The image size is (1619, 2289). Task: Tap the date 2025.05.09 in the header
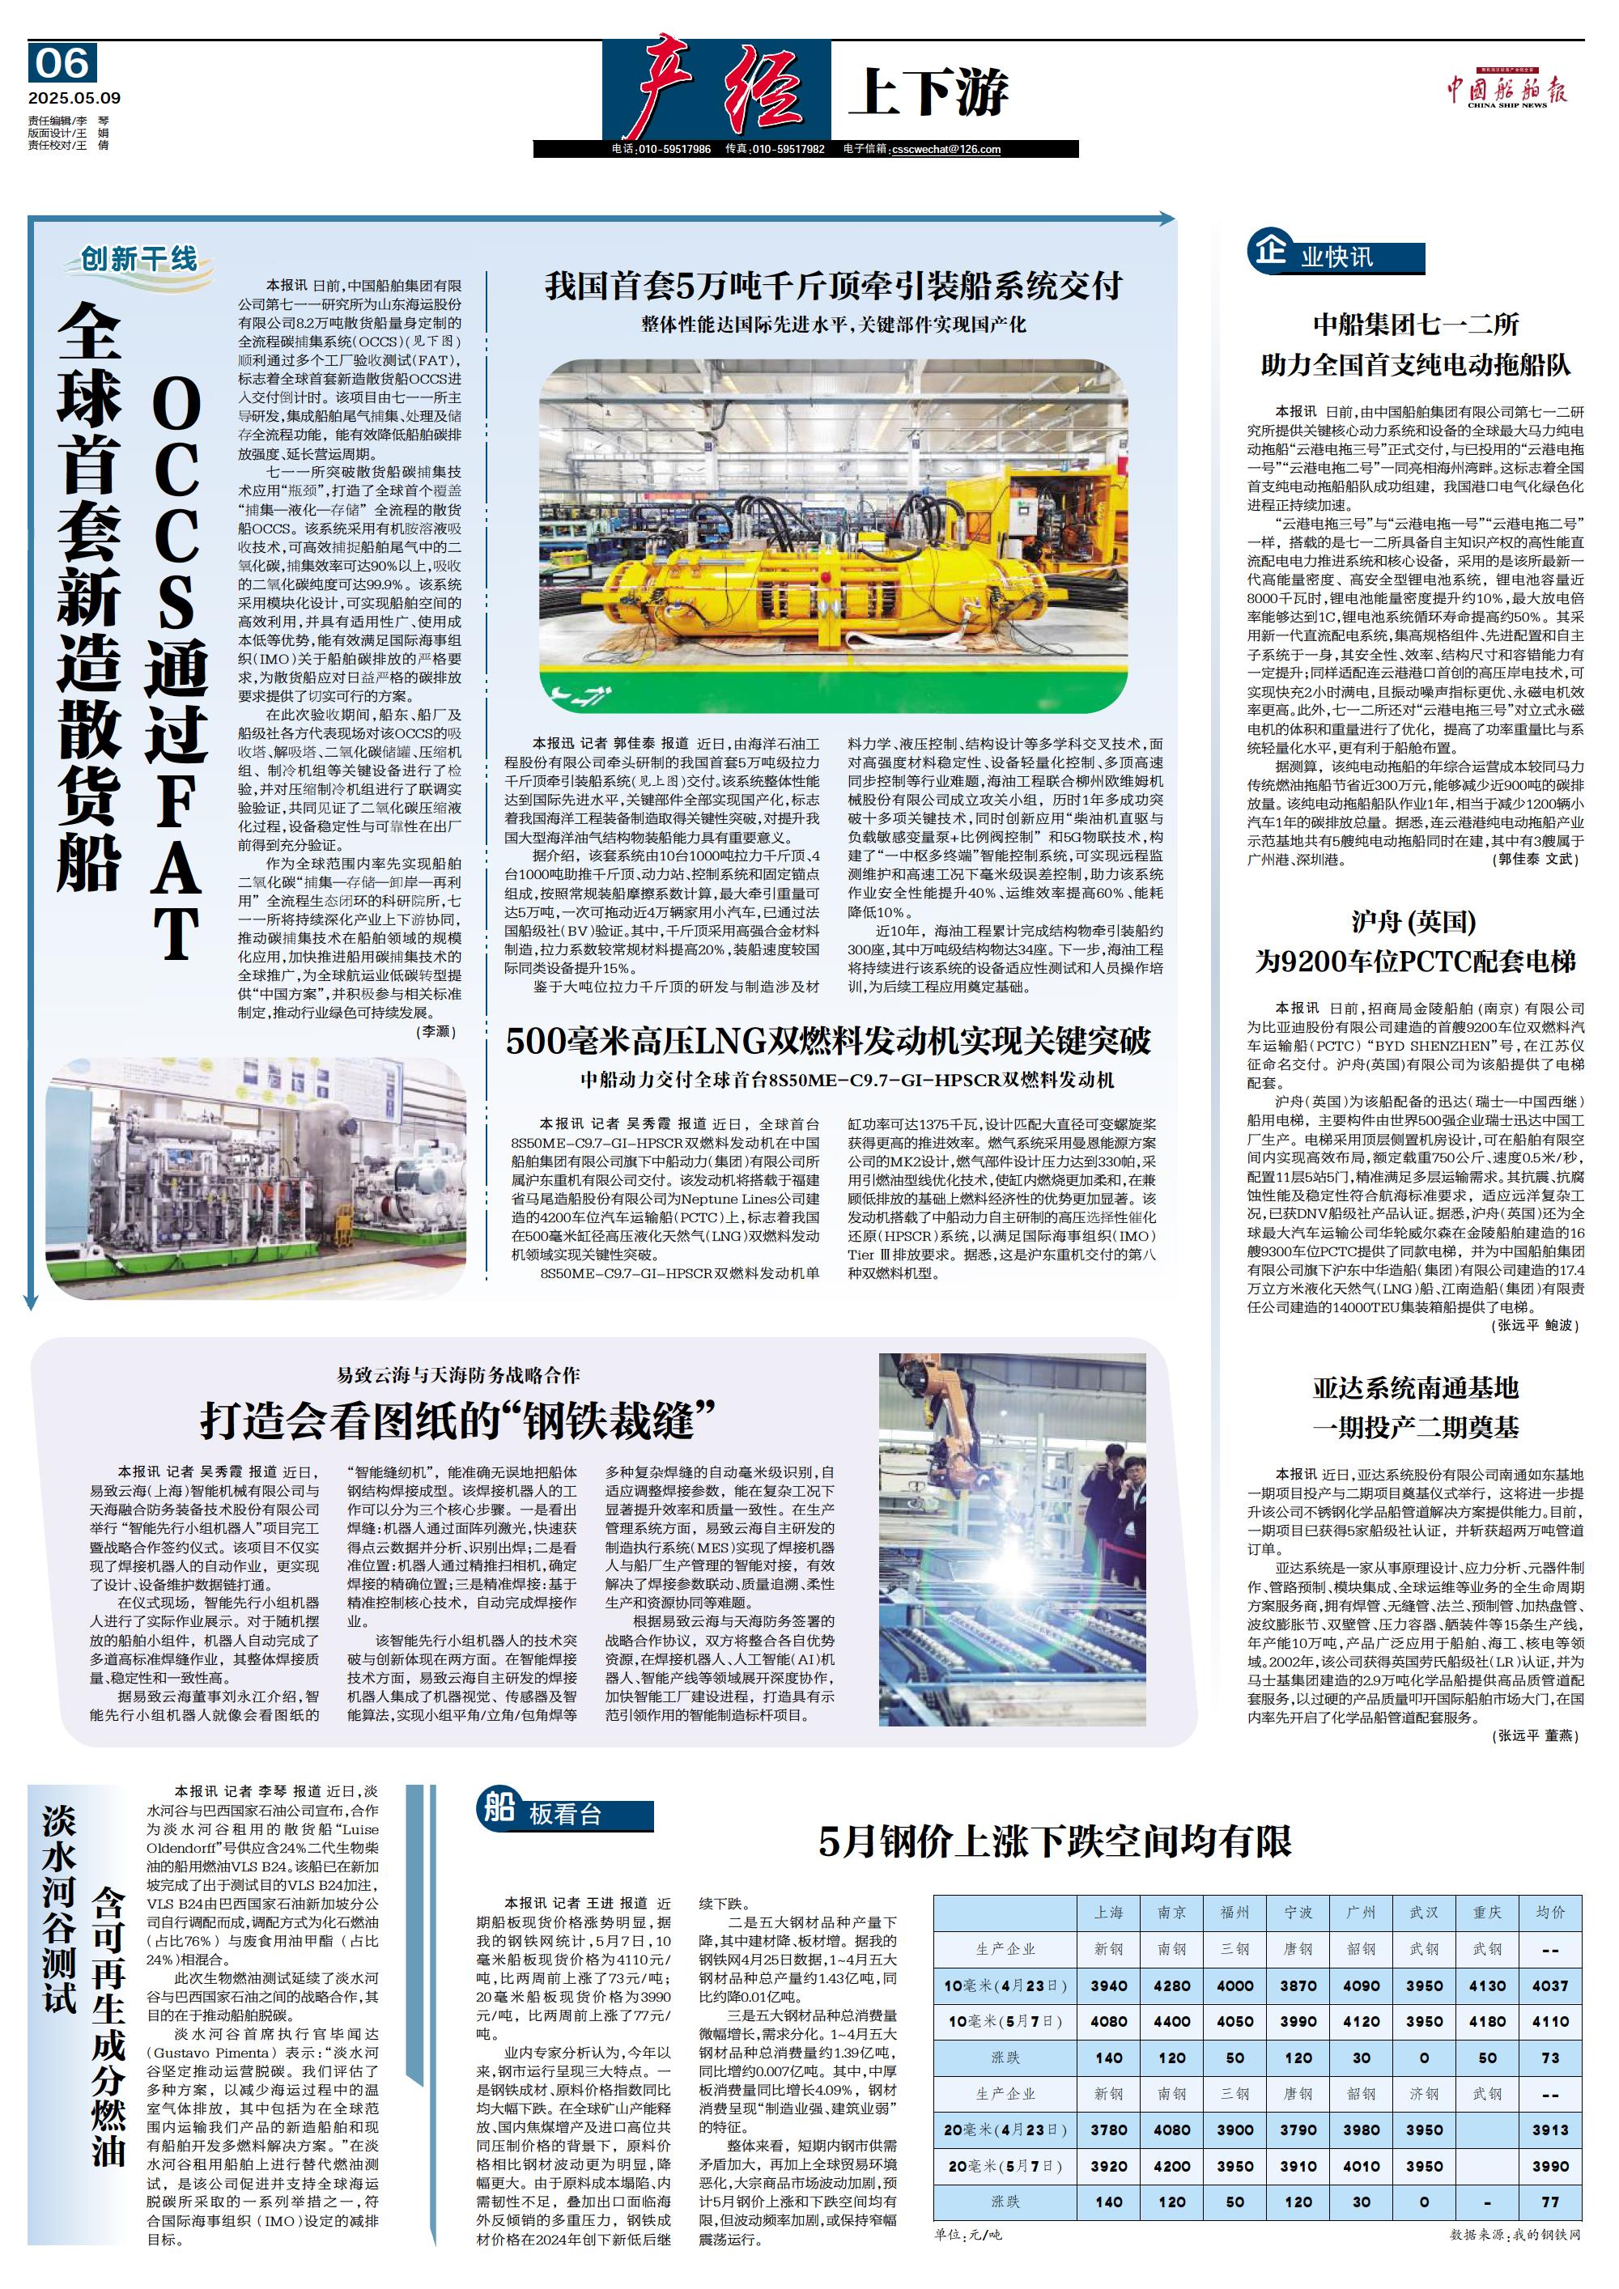pos(74,98)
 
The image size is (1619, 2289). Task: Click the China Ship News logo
pos(1506,91)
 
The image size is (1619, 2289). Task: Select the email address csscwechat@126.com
pos(946,150)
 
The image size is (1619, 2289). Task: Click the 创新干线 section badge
pos(139,260)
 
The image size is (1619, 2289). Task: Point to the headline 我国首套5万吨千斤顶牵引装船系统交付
pos(834,287)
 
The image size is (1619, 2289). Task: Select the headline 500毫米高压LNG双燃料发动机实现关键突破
pos(827,1041)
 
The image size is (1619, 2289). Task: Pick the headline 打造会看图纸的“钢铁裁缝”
pos(459,1420)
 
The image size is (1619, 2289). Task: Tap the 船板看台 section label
pos(564,1813)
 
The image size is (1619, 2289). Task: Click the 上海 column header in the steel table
pos(1108,1912)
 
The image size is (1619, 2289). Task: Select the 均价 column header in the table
pos(1550,1912)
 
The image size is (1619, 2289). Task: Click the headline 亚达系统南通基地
pos(1415,1388)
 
